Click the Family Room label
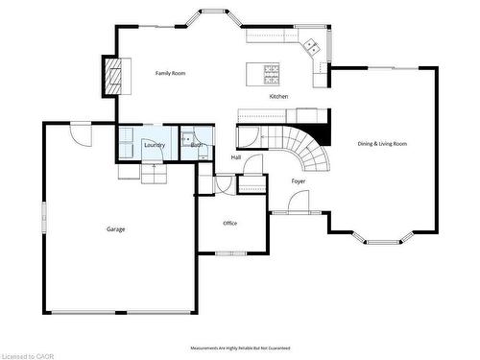(x=171, y=73)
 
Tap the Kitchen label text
(x=278, y=97)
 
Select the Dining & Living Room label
(x=382, y=144)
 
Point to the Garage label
(x=115, y=228)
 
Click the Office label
(x=229, y=223)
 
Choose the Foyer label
(x=299, y=180)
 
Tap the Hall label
(x=236, y=157)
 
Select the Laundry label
(x=155, y=145)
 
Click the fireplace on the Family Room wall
(x=115, y=76)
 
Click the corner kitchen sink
(x=312, y=44)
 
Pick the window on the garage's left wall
(x=42, y=217)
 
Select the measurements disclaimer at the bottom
(x=240, y=348)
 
